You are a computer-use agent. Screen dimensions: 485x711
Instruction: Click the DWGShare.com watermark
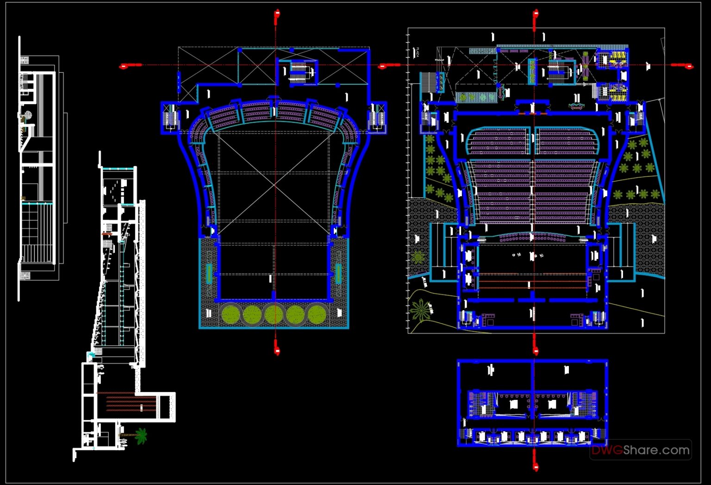[x=641, y=450]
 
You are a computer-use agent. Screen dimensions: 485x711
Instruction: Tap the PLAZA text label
[x=417, y=52]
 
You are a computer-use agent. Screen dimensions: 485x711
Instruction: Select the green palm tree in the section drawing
[x=140, y=435]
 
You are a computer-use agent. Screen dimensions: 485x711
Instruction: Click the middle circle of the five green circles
[x=274, y=315]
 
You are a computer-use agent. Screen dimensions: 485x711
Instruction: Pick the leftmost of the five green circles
[x=231, y=315]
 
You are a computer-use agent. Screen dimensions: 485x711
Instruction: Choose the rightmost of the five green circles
[x=317, y=315]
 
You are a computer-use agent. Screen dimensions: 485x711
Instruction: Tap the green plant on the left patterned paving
[x=418, y=257]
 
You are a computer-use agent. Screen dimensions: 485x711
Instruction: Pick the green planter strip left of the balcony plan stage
[x=209, y=273]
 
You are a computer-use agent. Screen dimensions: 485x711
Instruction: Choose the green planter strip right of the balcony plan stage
[x=338, y=273]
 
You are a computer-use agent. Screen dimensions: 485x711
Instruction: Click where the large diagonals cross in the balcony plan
[x=275, y=183]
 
